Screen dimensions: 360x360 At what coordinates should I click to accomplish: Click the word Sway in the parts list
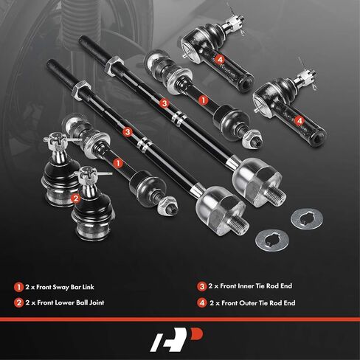click(x=60, y=287)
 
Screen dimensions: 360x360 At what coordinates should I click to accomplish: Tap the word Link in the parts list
click(x=88, y=287)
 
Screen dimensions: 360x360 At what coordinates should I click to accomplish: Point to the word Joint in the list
click(x=97, y=302)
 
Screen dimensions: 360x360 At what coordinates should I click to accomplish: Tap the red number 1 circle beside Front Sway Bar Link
click(x=18, y=287)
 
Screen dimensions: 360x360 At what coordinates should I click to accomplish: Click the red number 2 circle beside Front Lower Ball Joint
click(x=18, y=302)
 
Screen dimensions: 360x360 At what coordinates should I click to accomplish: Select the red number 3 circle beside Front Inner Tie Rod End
click(x=202, y=286)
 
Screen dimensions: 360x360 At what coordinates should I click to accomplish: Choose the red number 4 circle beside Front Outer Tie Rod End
click(x=202, y=303)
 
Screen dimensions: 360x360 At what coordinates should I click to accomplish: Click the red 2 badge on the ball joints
click(x=76, y=198)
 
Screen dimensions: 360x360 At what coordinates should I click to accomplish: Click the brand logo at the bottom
click(x=176, y=339)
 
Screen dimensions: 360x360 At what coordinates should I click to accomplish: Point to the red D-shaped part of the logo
click(x=197, y=334)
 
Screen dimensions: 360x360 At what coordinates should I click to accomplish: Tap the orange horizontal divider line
click(x=180, y=319)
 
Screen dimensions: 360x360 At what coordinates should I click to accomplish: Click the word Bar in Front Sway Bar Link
click(x=75, y=287)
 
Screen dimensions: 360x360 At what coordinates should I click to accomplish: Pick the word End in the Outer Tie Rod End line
click(x=289, y=303)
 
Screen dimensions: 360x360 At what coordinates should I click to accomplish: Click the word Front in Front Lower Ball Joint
click(x=45, y=302)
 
